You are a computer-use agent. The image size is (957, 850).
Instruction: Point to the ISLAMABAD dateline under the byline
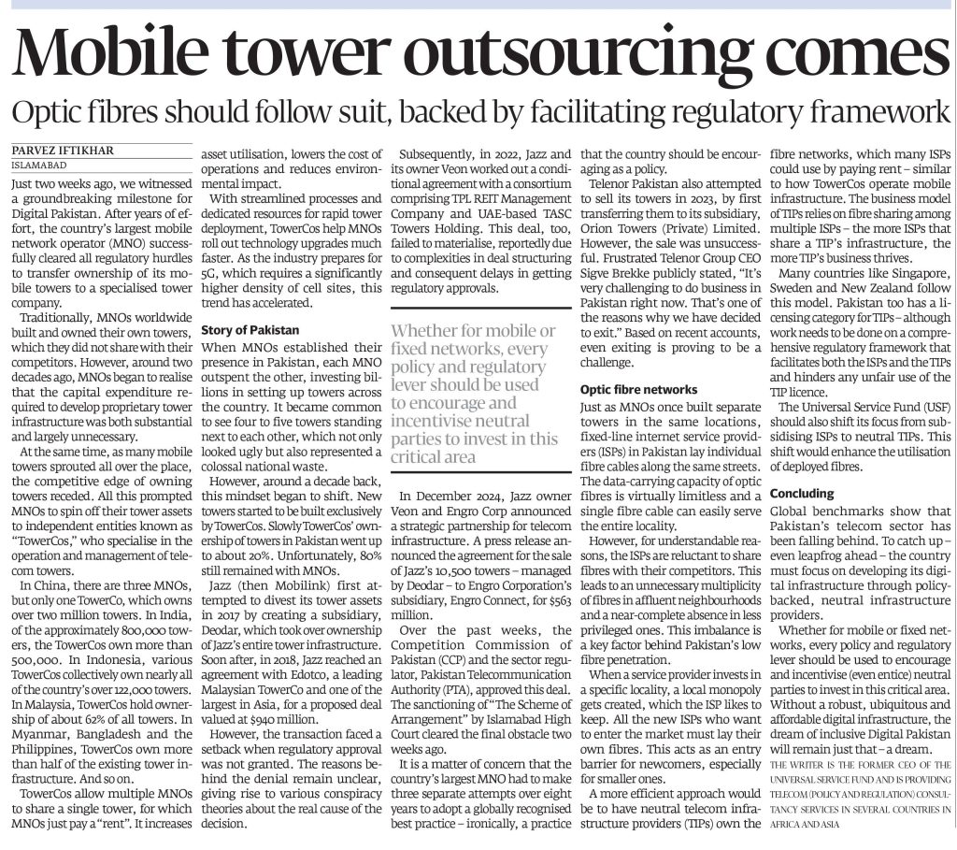(37, 164)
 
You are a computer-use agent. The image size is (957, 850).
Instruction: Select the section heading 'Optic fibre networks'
(638, 389)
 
